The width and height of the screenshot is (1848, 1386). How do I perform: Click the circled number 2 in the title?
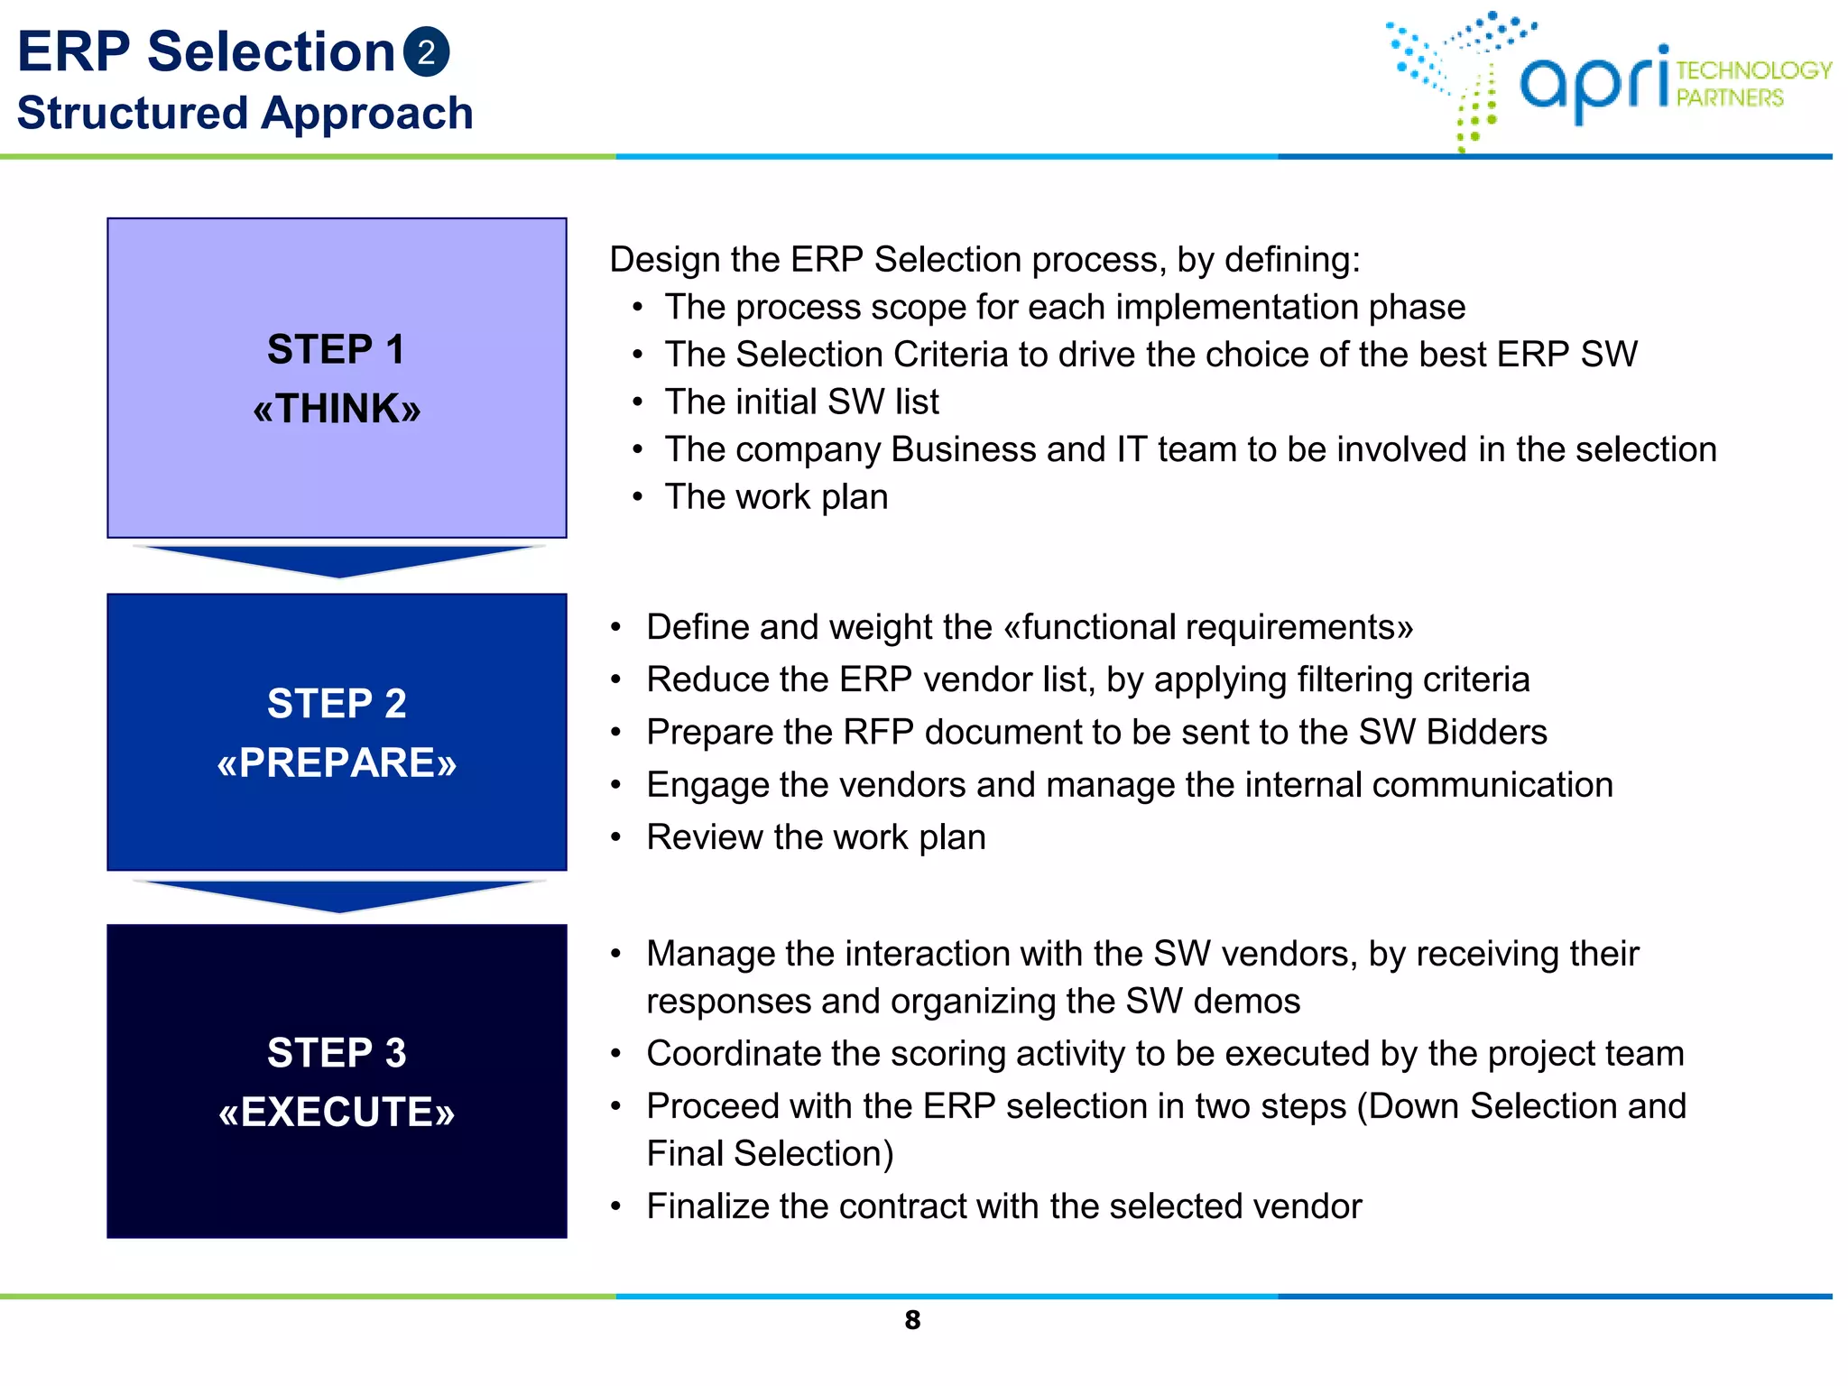(x=426, y=52)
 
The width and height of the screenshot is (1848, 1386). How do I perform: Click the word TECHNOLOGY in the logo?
(x=1753, y=70)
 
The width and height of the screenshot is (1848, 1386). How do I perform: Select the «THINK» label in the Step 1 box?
(x=337, y=409)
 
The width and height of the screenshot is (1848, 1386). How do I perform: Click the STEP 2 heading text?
(x=337, y=704)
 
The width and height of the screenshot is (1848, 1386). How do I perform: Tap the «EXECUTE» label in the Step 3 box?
(x=337, y=1113)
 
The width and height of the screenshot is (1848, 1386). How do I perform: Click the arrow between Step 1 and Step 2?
(x=338, y=560)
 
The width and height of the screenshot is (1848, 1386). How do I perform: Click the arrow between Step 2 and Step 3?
(x=338, y=895)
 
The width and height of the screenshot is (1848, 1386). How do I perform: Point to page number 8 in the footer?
(x=912, y=1321)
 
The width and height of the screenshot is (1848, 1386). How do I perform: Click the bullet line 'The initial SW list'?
(x=801, y=402)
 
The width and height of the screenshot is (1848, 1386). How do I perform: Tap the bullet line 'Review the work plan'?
(x=816, y=837)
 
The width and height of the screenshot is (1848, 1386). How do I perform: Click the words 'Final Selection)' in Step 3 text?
(x=770, y=1154)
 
